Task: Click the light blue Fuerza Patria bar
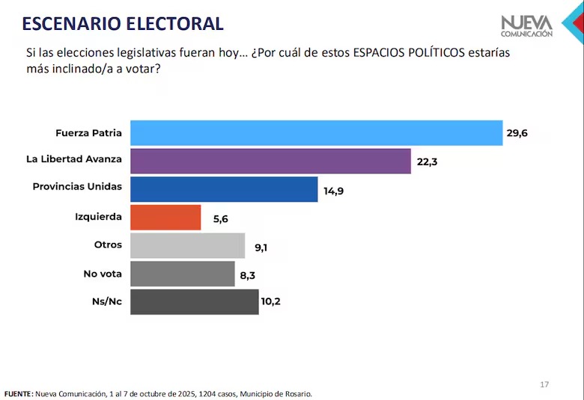316,132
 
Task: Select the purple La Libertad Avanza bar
270,161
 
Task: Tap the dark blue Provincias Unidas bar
224,189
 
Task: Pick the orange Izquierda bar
165,218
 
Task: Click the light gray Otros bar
187,245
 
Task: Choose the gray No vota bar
182,274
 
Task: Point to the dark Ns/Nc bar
194,302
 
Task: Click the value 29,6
517,133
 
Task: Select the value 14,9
334,190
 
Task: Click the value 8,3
247,274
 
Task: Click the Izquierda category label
98,218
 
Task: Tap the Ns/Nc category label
106,302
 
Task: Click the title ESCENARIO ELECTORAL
123,23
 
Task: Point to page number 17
544,384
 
